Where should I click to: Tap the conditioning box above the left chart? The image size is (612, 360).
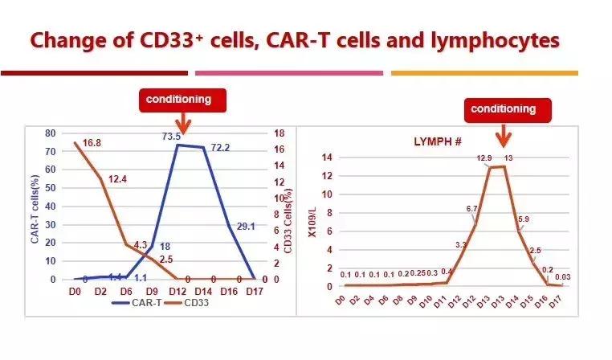[x=178, y=100]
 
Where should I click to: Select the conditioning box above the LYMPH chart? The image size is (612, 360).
[x=503, y=108]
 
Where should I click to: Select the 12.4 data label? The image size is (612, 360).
[x=117, y=178]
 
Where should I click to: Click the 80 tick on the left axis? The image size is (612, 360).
[x=50, y=133]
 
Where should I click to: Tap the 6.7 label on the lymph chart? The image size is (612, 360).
[x=471, y=209]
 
